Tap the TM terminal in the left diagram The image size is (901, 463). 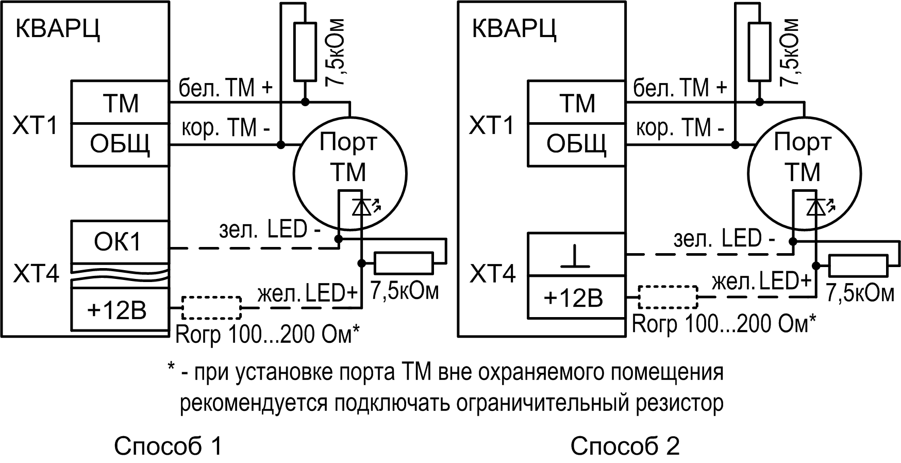point(120,103)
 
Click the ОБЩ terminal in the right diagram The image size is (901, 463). point(576,144)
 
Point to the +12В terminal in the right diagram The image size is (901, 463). point(576,298)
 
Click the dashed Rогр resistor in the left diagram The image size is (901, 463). point(211,308)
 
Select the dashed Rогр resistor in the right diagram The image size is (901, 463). point(668,296)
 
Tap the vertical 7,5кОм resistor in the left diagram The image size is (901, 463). point(305,52)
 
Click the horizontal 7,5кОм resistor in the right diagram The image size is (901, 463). point(858,266)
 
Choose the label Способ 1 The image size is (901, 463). point(168,445)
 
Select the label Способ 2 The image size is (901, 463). point(625,445)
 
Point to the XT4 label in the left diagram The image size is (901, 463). point(36,273)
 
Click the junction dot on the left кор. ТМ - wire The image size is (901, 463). point(280,145)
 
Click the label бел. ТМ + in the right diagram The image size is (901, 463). point(680,89)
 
